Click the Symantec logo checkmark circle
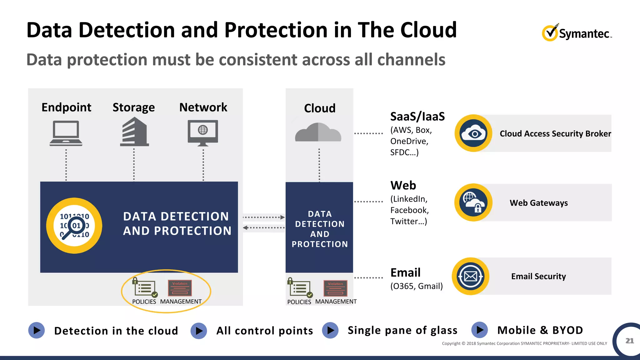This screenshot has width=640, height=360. click(x=550, y=33)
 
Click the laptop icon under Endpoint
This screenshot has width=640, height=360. click(x=66, y=133)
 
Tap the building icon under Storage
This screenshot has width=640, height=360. click(x=134, y=132)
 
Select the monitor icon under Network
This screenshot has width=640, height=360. click(x=203, y=133)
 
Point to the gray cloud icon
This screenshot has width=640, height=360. click(x=318, y=132)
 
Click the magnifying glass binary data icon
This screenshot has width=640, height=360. click(x=74, y=226)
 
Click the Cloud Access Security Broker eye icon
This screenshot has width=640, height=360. click(x=474, y=133)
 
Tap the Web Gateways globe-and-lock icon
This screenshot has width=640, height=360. click(x=474, y=202)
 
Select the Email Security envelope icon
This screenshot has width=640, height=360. click(x=471, y=276)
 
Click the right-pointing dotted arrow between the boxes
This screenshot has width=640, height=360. click(x=264, y=217)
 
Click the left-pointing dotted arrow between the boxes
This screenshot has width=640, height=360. click(x=264, y=227)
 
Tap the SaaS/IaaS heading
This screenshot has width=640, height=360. click(x=417, y=117)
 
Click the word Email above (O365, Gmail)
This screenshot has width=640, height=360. click(x=406, y=272)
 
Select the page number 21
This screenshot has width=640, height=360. click(x=629, y=341)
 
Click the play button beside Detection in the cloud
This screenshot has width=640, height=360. click(x=37, y=330)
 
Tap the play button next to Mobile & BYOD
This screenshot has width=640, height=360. click(x=480, y=330)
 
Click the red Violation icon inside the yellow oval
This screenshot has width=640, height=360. click(x=180, y=288)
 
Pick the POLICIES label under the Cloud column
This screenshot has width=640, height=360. click(x=299, y=302)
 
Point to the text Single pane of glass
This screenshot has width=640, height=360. click(x=402, y=330)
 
